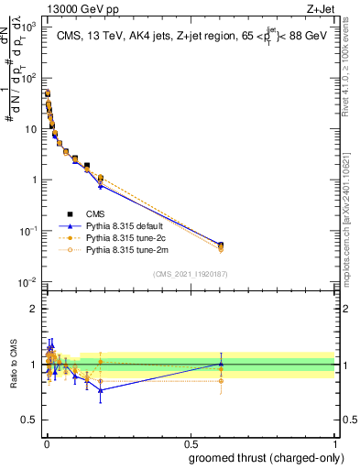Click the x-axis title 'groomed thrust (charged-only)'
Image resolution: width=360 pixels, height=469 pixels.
pyautogui.click(x=265, y=458)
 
